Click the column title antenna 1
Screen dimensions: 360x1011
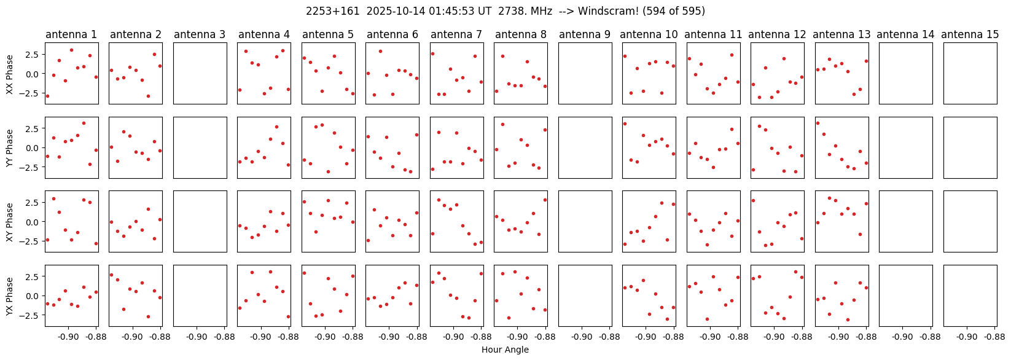pyautogui.click(x=71, y=34)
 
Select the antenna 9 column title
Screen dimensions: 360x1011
pyautogui.click(x=585, y=34)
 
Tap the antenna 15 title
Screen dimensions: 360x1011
pyautogui.click(x=970, y=34)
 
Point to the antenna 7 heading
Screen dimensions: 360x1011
pyautogui.click(x=456, y=34)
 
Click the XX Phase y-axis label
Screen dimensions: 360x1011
pyautogui.click(x=9, y=74)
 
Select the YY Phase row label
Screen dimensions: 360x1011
pyautogui.click(x=9, y=147)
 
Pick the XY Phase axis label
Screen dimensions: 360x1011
pyautogui.click(x=9, y=221)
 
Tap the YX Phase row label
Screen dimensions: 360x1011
pyautogui.click(x=9, y=295)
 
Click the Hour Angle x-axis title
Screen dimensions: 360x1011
pyautogui.click(x=505, y=350)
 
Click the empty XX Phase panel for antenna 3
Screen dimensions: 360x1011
pyautogui.click(x=200, y=74)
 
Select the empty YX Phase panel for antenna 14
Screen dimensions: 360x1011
pyautogui.click(x=905, y=295)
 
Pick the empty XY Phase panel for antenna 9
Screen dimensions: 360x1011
pyautogui.click(x=585, y=221)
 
